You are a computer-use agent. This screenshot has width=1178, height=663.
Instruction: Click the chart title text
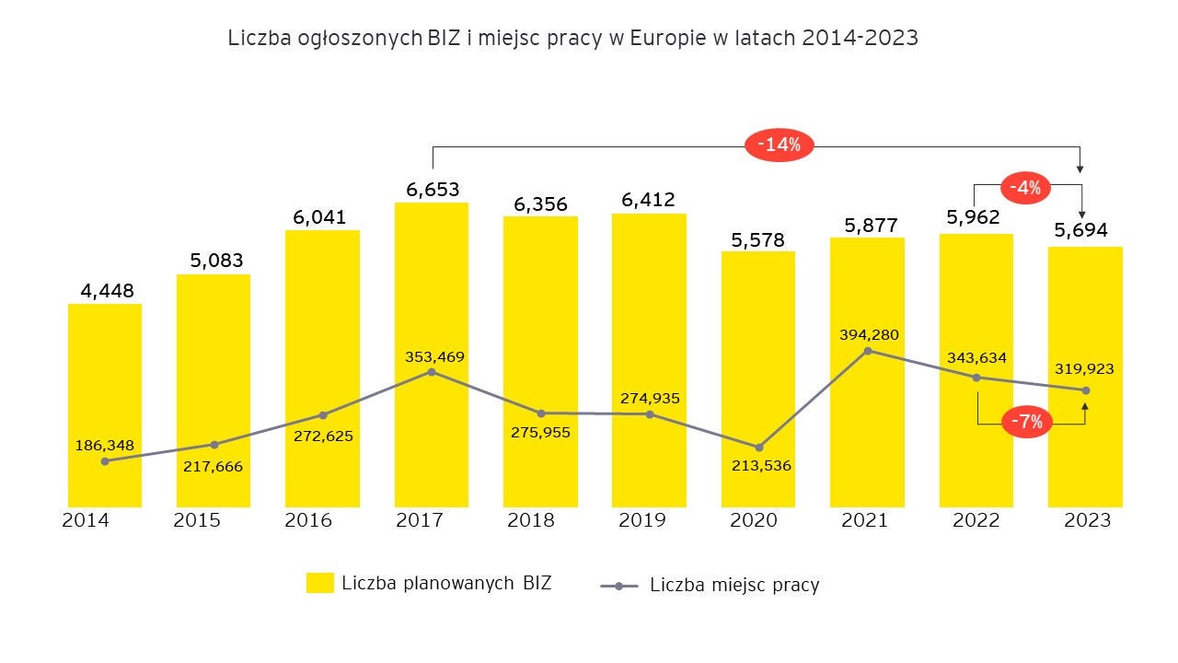[x=572, y=38]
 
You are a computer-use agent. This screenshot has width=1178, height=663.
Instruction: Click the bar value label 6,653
[x=433, y=190]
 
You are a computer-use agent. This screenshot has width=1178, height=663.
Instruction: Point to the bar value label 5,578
[x=758, y=239]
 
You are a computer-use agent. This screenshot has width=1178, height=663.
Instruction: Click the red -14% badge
[x=779, y=145]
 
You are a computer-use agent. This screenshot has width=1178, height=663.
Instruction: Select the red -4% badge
[x=1025, y=188]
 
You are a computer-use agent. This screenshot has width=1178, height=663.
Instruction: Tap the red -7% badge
[x=1027, y=422]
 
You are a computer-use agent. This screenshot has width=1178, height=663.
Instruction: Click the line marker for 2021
[x=867, y=351]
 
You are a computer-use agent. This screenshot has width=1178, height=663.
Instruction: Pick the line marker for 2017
[x=432, y=371]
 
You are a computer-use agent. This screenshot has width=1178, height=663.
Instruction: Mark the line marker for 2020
[x=758, y=448]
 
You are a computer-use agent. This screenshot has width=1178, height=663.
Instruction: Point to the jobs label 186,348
[x=104, y=445]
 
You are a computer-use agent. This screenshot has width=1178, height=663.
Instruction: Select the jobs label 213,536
[x=760, y=465]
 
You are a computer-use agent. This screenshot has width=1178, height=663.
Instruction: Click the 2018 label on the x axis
[x=531, y=520]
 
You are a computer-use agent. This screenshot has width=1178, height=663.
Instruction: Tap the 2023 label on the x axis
[x=1087, y=520]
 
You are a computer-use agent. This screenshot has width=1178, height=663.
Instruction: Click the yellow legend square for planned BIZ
[x=320, y=583]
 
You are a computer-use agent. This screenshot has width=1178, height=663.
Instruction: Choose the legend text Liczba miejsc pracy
[x=733, y=585]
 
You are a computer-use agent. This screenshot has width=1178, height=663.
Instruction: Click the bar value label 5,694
[x=1081, y=230]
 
